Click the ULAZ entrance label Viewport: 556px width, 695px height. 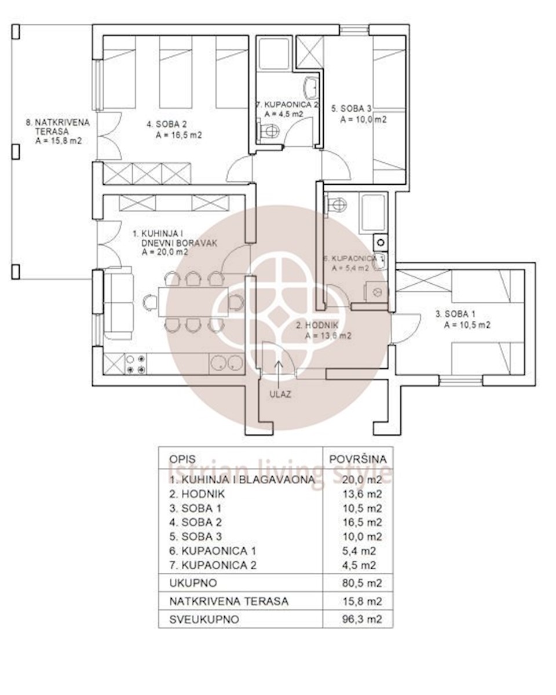[280, 394]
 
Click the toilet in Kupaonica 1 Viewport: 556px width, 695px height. [335, 204]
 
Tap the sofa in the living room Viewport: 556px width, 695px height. [118, 303]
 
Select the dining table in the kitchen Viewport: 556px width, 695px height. [193, 302]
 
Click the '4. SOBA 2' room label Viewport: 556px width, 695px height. [167, 124]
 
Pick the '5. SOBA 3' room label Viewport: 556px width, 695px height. [352, 108]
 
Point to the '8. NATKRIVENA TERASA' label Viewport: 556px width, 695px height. [58, 127]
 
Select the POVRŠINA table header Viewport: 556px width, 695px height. [358, 459]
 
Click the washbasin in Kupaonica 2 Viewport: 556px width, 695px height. [312, 88]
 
